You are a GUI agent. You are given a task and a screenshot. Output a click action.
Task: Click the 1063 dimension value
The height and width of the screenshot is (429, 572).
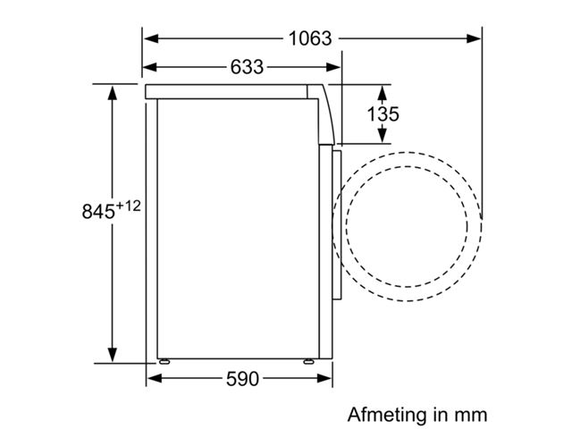[x=310, y=38]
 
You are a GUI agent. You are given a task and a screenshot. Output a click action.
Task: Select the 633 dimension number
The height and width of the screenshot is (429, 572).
[x=247, y=67]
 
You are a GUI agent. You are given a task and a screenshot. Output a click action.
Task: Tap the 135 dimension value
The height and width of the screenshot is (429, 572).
[x=383, y=114]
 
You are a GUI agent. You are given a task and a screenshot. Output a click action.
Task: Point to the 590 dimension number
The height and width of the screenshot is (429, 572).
[x=242, y=379]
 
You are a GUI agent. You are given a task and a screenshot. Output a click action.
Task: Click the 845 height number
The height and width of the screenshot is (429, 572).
[x=98, y=212]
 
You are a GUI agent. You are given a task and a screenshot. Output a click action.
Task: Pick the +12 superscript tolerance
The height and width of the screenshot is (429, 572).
[x=128, y=206]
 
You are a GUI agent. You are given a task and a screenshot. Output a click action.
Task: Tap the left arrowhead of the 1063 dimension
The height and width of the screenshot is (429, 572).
[x=151, y=38]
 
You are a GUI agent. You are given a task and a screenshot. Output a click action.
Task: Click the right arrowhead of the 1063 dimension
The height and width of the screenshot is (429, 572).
[x=474, y=38]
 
